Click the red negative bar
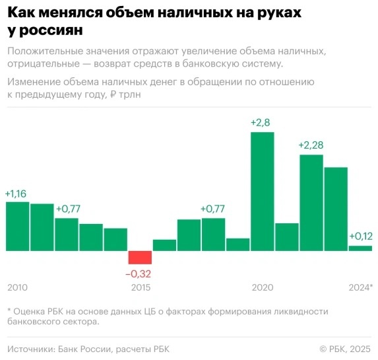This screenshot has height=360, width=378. pos(140,258)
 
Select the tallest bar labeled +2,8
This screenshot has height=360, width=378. pos(262,192)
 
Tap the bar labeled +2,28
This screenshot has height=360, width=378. pos(311,203)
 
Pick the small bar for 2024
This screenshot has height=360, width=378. pos(360,248)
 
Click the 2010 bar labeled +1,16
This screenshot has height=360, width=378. pos(18,226)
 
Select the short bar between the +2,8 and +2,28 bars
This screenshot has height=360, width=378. pos(287,237)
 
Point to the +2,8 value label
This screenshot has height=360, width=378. pos(262,123)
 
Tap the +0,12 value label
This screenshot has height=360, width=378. pos(360,236)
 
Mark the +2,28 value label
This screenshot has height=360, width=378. pos(311,145)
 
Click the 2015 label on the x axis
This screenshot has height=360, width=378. pos(141,287)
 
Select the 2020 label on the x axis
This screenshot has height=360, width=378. pos(263,287)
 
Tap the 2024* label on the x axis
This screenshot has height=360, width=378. pos(360,287)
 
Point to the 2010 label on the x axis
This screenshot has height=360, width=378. pos(18,287)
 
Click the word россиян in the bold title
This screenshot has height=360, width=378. pos(47,30)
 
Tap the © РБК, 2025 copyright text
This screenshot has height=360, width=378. pos(345,348)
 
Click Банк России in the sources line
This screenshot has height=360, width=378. pos(86,348)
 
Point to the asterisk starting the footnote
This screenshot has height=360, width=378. pos(9,310)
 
